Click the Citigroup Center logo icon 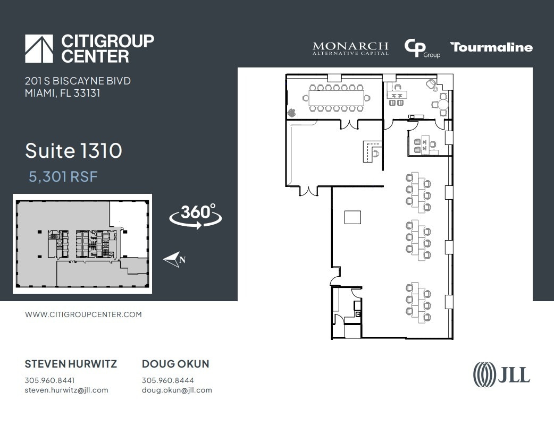pyautogui.click(x=39, y=49)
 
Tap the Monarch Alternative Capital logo pyautogui.click(x=350, y=48)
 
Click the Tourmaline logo pyautogui.click(x=491, y=47)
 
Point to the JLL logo pyautogui.click(x=501, y=374)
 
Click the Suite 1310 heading pyautogui.click(x=73, y=151)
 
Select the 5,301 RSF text pyautogui.click(x=63, y=177)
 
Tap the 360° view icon pyautogui.click(x=196, y=216)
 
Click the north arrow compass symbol pyautogui.click(x=174, y=260)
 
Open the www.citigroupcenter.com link pyautogui.click(x=83, y=314)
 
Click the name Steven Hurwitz pyautogui.click(x=71, y=364)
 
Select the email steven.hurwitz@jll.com pyautogui.click(x=66, y=390)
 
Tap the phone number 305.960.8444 pyautogui.click(x=167, y=380)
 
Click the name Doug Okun pyautogui.click(x=175, y=364)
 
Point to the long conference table pyautogui.click(x=337, y=98)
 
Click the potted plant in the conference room pyautogui.click(x=291, y=112)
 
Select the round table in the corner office pyautogui.click(x=443, y=105)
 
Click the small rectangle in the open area pyautogui.click(x=352, y=217)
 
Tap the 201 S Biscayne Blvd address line pyautogui.click(x=78, y=81)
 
